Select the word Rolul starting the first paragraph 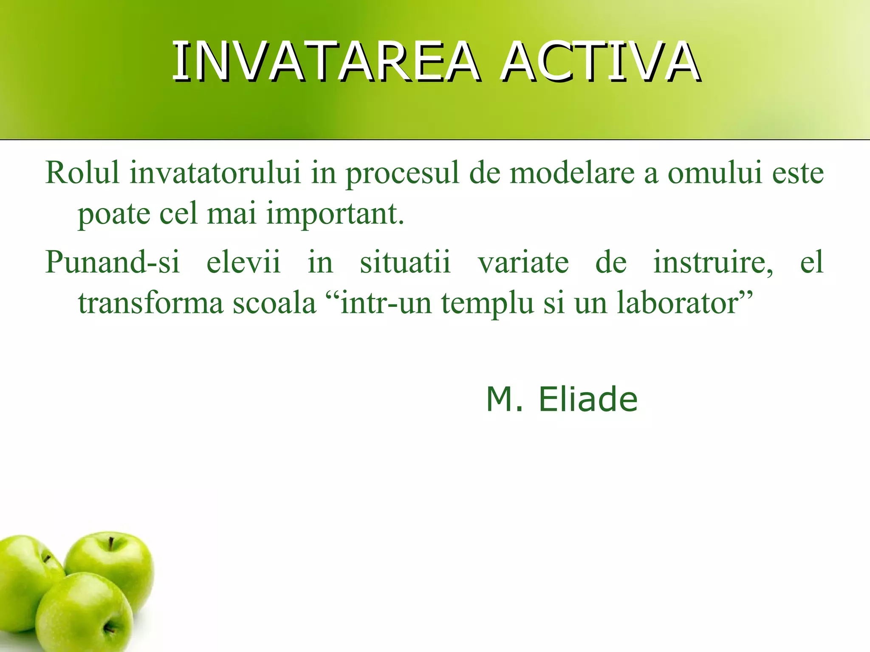pyautogui.click(x=82, y=173)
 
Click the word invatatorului pyautogui.click(x=215, y=173)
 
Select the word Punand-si pyautogui.click(x=113, y=262)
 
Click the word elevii pyautogui.click(x=243, y=262)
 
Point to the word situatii pyautogui.click(x=405, y=262)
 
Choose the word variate pyautogui.click(x=523, y=262)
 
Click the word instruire pyautogui.click(x=712, y=262)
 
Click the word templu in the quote pyautogui.click(x=487, y=304)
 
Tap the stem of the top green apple pyautogui.click(x=111, y=544)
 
